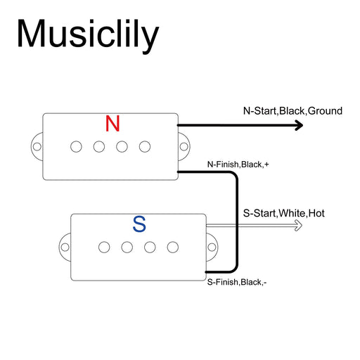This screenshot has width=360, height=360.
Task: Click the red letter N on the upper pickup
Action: (x=112, y=124)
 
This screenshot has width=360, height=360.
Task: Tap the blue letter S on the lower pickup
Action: (x=139, y=225)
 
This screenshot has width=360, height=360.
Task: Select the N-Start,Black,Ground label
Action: (x=292, y=110)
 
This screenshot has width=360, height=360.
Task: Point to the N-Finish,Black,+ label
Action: (x=237, y=165)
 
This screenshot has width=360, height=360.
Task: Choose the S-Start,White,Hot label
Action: (x=283, y=212)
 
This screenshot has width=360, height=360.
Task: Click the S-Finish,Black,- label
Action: (x=236, y=282)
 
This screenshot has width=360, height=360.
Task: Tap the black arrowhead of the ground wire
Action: (x=298, y=125)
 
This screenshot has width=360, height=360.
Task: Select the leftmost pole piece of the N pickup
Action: (x=75, y=146)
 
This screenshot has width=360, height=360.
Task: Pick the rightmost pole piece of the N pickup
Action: (x=145, y=146)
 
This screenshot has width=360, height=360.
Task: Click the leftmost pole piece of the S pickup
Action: (x=104, y=247)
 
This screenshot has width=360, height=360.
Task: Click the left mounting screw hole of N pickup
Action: (x=36, y=147)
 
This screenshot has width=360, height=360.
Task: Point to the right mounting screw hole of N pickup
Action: (x=184, y=147)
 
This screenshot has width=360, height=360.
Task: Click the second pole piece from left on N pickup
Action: (x=98, y=146)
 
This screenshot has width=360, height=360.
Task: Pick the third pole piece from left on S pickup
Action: (x=150, y=247)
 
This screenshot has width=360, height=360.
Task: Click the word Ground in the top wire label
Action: (x=326, y=110)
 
